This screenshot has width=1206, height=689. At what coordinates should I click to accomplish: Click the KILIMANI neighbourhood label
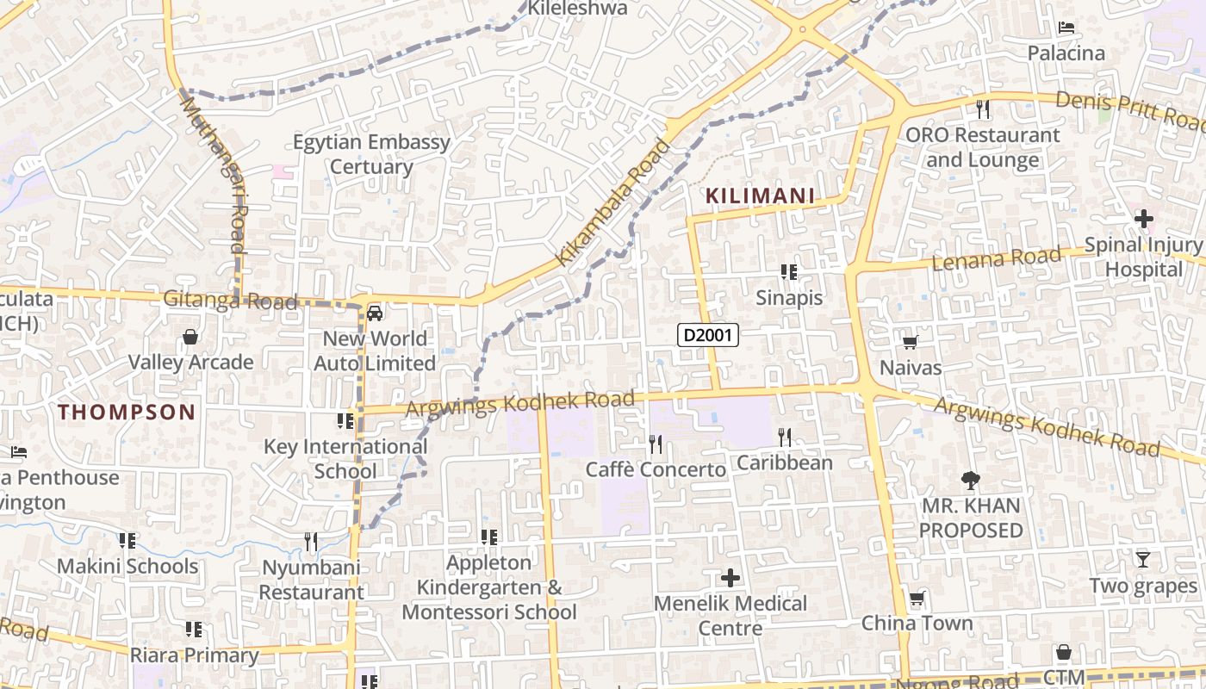tap(760, 196)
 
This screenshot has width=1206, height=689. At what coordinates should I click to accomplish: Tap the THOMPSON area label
tap(127, 412)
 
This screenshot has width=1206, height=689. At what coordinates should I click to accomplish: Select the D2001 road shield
tap(708, 335)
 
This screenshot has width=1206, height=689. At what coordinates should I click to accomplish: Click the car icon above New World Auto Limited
tap(375, 313)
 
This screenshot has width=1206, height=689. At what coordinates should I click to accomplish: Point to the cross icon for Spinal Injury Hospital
tap(1144, 219)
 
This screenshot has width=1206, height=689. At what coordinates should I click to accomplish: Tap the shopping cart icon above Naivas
tap(910, 343)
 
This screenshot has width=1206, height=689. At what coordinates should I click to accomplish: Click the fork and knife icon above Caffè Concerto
tap(656, 444)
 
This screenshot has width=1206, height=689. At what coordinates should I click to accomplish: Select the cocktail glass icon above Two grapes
tap(1143, 560)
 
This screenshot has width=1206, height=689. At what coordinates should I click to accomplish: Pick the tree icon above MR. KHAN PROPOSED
tap(971, 480)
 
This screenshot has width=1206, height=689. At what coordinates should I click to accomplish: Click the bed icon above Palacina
tap(1066, 28)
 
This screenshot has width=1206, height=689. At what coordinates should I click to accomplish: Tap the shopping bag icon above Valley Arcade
tap(190, 337)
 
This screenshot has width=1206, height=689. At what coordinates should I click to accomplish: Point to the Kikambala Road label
tap(613, 202)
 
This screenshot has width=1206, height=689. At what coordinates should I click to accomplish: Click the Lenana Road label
tap(997, 258)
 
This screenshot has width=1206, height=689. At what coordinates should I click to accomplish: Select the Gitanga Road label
tap(230, 300)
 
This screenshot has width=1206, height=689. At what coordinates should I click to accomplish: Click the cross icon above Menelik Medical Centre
tap(730, 577)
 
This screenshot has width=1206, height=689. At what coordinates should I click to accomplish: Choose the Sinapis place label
tap(789, 298)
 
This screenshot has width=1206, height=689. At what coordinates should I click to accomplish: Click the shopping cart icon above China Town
tap(917, 599)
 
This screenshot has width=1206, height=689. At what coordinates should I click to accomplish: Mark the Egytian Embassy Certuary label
tap(371, 154)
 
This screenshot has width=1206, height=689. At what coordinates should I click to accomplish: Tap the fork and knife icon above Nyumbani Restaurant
tap(311, 542)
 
